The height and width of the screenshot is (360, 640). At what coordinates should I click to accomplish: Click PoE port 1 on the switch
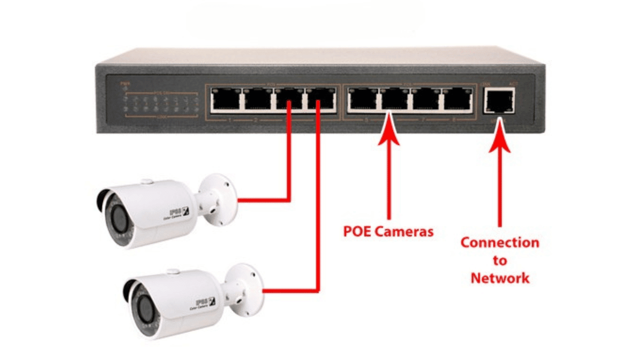click(x=226, y=99)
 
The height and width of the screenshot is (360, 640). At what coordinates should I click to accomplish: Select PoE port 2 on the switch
click(x=257, y=99)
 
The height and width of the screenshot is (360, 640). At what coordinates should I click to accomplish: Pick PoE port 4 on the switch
click(x=320, y=99)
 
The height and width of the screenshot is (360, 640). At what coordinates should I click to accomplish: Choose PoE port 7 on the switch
click(x=426, y=99)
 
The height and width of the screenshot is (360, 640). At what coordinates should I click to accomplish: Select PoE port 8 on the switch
click(x=457, y=99)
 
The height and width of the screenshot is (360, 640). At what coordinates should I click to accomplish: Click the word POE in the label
click(x=356, y=231)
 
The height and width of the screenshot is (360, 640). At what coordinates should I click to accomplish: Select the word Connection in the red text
click(x=499, y=243)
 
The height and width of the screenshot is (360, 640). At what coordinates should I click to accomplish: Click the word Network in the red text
click(x=499, y=277)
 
